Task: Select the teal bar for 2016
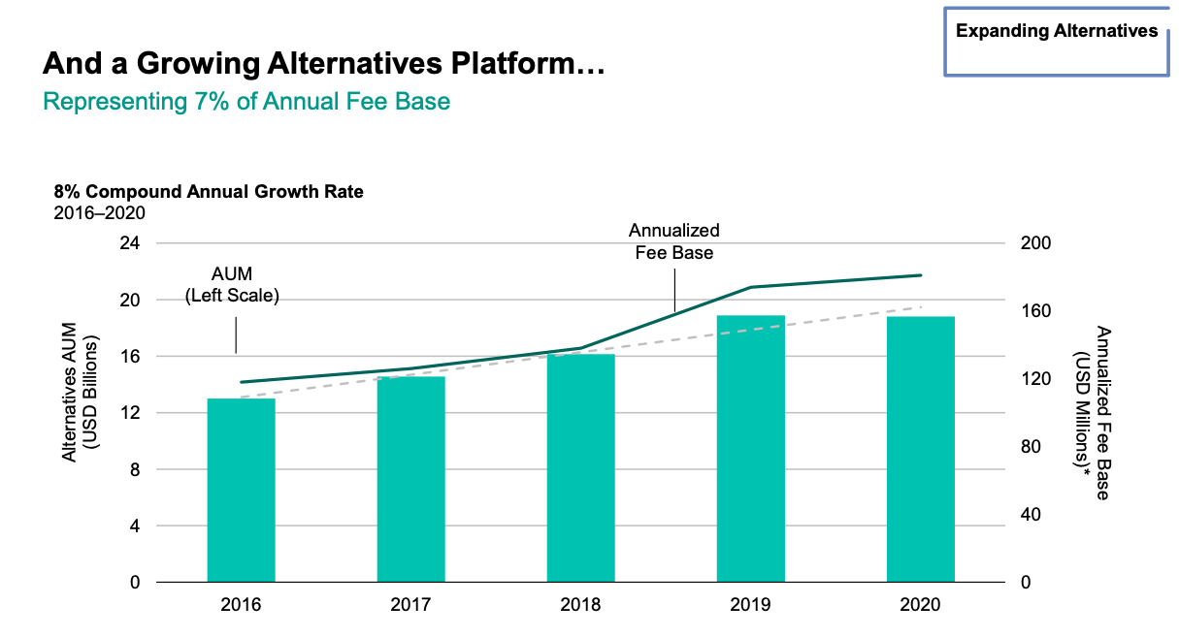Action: tap(241, 490)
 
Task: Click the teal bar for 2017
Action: tap(410, 479)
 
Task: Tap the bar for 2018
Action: tap(580, 467)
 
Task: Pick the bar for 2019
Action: tap(750, 448)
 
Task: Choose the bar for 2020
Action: tap(920, 449)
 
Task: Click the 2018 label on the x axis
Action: tap(580, 606)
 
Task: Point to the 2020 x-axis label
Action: tap(920, 606)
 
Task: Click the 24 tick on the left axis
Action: tap(128, 243)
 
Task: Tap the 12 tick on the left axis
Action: tap(128, 413)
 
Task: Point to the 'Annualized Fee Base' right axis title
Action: tap(1093, 412)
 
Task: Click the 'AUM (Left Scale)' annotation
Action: tap(232, 286)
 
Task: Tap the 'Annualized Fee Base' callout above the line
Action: tap(673, 241)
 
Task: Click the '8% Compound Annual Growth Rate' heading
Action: tap(209, 192)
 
